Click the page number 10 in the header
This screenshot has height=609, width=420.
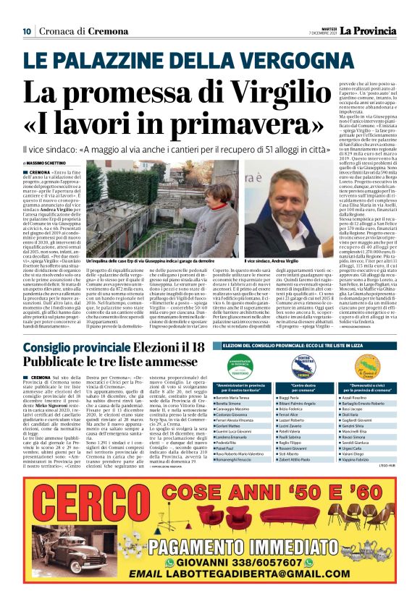[x=26, y=30]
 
